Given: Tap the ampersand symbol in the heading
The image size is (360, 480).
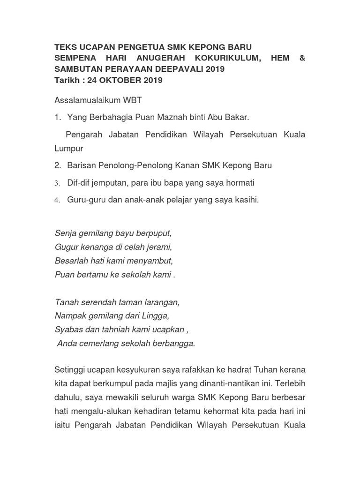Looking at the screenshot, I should [302, 58].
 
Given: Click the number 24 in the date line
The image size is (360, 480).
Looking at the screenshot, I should [92, 80].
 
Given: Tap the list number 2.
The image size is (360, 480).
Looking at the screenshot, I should [58, 165].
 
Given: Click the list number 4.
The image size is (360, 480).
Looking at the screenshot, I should [57, 200].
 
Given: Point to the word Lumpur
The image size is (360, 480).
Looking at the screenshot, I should [69, 149].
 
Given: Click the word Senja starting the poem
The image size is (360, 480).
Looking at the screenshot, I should [65, 232].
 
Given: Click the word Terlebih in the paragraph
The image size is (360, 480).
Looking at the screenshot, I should [290, 384].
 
